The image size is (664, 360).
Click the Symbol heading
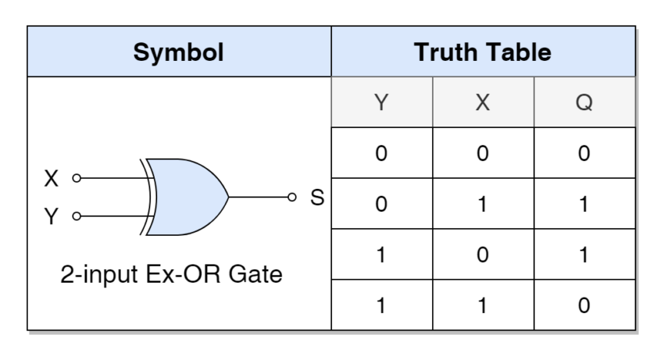click(x=178, y=52)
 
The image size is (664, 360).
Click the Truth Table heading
click(x=483, y=52)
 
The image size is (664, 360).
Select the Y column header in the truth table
click(x=381, y=102)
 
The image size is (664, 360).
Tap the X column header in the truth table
click(x=483, y=102)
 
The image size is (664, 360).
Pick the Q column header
click(x=584, y=102)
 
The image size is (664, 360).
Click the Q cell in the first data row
click(x=584, y=153)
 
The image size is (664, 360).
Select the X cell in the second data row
click(x=483, y=204)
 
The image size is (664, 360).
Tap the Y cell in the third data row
click(x=381, y=255)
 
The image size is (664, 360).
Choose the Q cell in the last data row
click(x=584, y=305)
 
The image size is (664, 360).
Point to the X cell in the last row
click(x=483, y=305)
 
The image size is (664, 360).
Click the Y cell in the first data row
click(x=381, y=153)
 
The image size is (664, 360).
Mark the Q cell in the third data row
click(x=584, y=255)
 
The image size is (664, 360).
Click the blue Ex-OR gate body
click(x=187, y=197)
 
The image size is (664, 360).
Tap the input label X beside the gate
click(x=52, y=178)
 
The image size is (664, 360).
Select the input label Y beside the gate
click(x=52, y=216)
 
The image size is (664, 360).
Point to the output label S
click(x=317, y=198)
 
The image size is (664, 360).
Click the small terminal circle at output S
click(x=292, y=197)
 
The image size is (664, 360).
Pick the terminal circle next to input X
click(x=77, y=178)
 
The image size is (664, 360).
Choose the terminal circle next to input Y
click(x=77, y=216)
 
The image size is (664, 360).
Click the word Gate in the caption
click(x=255, y=274)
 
